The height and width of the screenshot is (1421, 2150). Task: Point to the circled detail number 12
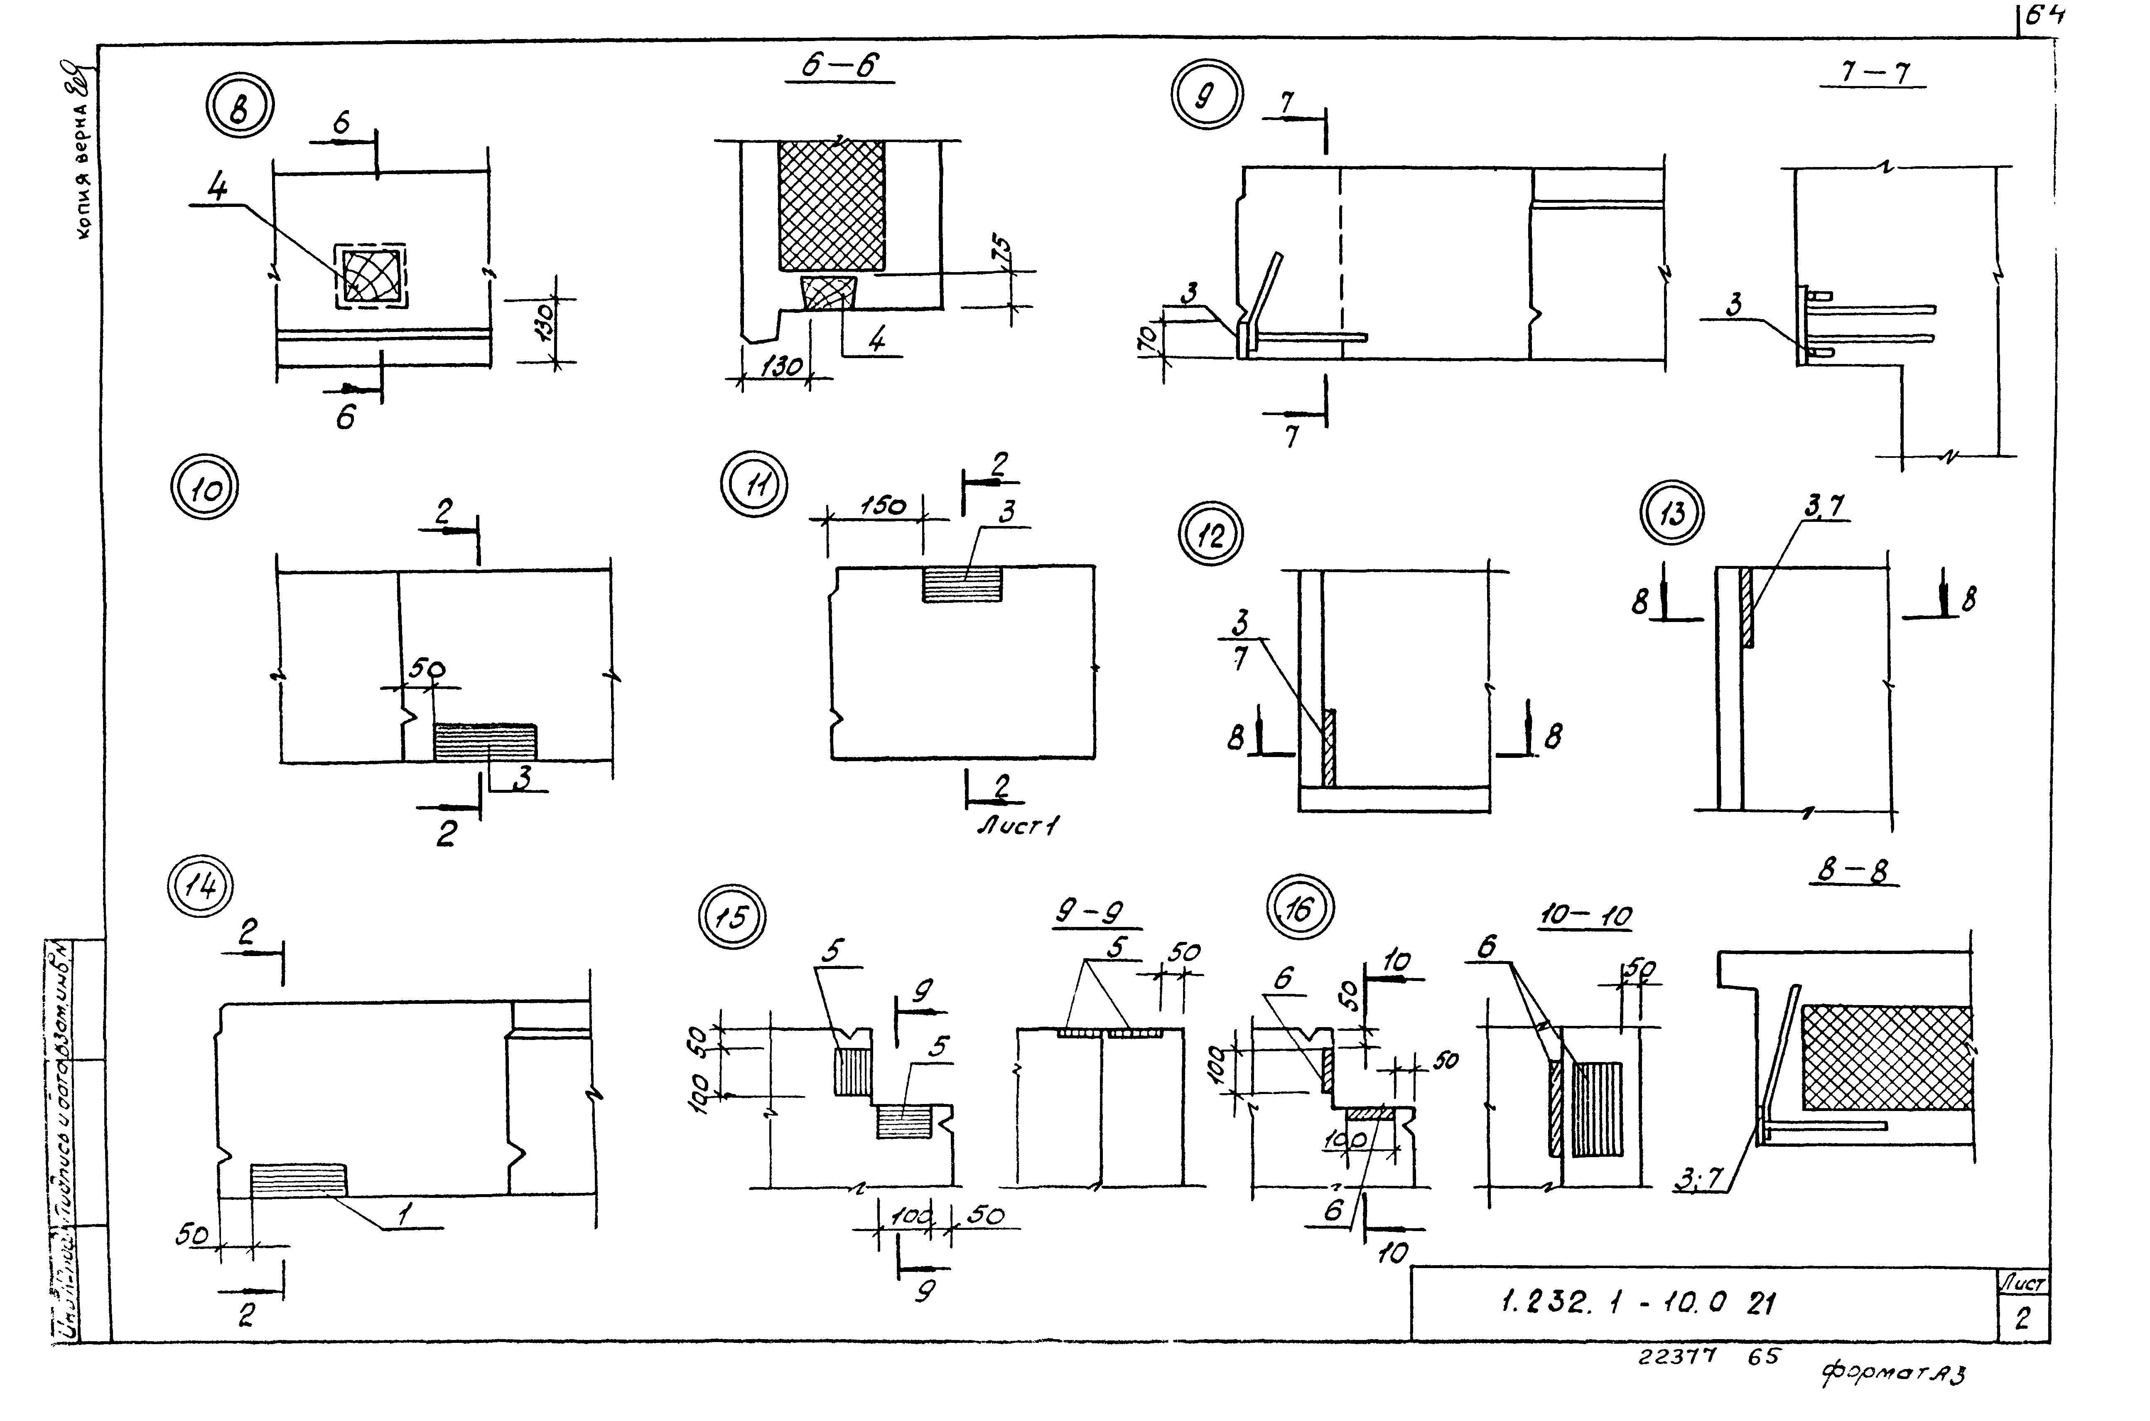(1210, 536)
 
